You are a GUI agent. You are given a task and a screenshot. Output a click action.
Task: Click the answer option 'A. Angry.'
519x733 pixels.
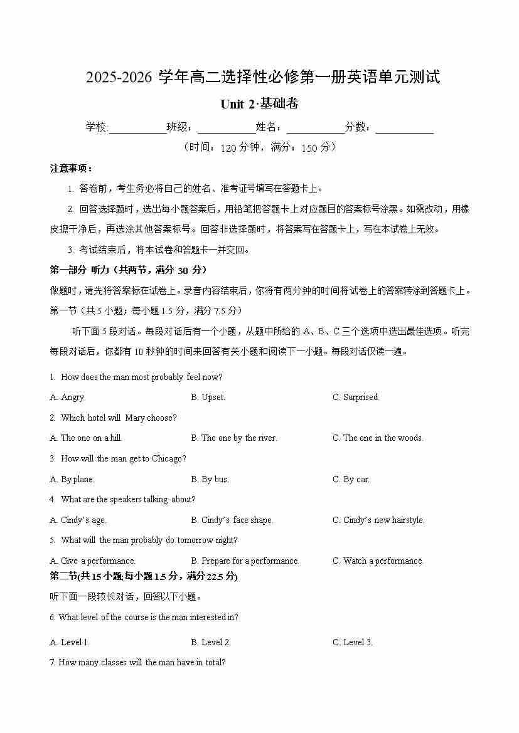tap(67, 397)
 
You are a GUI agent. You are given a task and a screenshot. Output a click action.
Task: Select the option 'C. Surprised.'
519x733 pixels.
tap(356, 397)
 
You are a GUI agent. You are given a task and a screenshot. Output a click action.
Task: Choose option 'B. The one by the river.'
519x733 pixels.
tap(234, 438)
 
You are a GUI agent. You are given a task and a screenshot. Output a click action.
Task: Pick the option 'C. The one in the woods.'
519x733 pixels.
tap(378, 438)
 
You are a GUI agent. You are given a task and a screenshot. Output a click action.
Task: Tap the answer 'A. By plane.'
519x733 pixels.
tap(72, 479)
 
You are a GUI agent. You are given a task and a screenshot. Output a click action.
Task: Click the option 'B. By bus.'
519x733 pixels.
tap(210, 479)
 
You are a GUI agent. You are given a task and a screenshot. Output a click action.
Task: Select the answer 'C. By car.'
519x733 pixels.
tap(351, 479)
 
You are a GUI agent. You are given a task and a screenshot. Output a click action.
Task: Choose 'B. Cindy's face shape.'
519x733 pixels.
tap(232, 520)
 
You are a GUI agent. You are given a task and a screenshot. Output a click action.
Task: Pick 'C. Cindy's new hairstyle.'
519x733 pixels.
tap(378, 520)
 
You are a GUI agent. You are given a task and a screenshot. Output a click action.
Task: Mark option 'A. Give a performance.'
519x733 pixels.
tap(93, 561)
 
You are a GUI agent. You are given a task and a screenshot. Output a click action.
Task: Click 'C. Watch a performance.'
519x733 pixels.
tap(378, 561)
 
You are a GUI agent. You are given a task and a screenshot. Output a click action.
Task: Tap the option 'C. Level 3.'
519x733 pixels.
tap(353, 642)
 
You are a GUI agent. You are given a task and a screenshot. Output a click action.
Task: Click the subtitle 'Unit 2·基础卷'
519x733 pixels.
tap(259, 104)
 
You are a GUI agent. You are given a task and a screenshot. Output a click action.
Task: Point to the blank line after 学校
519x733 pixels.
tap(137, 129)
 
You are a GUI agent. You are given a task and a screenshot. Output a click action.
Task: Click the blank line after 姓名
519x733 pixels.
tap(316, 129)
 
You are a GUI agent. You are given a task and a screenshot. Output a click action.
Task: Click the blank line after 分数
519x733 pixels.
tap(404, 129)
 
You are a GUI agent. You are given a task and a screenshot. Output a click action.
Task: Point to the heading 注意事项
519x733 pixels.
tap(71, 169)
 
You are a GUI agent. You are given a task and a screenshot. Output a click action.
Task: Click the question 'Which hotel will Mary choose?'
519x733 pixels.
tap(119, 418)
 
